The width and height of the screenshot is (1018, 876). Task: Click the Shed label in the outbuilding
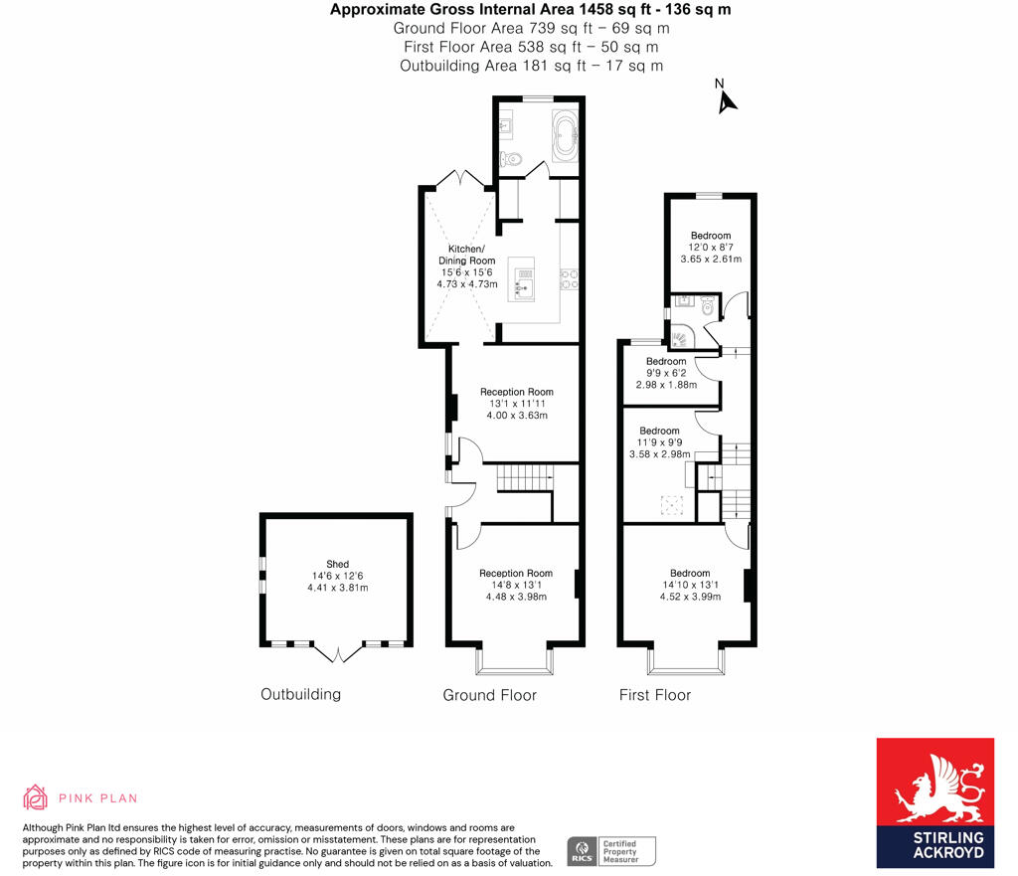(x=338, y=564)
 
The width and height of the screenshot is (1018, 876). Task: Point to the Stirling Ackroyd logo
(x=934, y=803)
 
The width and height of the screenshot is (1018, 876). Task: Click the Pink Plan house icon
(x=36, y=797)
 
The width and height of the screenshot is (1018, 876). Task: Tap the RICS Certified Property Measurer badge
(x=611, y=851)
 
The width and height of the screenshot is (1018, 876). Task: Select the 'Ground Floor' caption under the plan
(x=489, y=695)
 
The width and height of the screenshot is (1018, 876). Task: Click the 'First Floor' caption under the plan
(x=654, y=694)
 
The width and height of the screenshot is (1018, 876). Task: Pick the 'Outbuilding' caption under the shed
(x=300, y=694)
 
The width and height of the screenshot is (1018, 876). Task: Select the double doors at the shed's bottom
(x=338, y=653)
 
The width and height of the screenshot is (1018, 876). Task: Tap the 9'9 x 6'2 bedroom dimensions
(x=666, y=373)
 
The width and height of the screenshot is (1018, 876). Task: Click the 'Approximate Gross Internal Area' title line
(x=530, y=11)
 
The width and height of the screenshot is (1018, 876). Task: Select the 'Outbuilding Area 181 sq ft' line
(x=531, y=66)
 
